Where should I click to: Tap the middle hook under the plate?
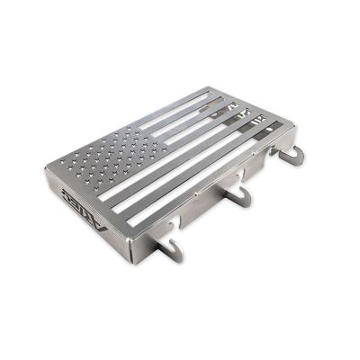235,194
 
